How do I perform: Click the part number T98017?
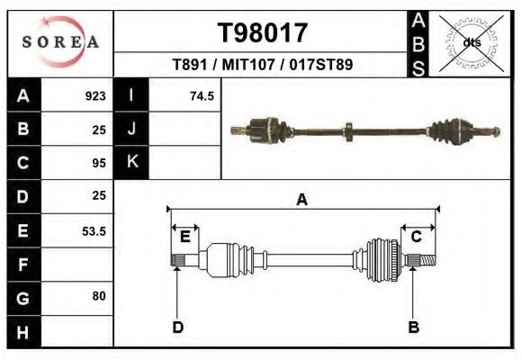[x=263, y=33]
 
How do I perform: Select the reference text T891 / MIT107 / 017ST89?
[x=262, y=65]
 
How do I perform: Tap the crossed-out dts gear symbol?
[x=471, y=42]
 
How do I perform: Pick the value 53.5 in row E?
[x=94, y=230]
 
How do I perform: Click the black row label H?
[x=23, y=332]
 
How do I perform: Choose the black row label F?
[x=23, y=265]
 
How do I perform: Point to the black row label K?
[x=131, y=163]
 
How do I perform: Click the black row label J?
[x=131, y=130]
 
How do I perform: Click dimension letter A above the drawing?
[x=302, y=200]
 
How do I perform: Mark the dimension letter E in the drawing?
[x=185, y=237]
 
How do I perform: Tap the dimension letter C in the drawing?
[x=417, y=237]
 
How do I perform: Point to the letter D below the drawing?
[x=178, y=327]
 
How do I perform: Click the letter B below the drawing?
[x=414, y=327]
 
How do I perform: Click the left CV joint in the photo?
[x=267, y=130]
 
